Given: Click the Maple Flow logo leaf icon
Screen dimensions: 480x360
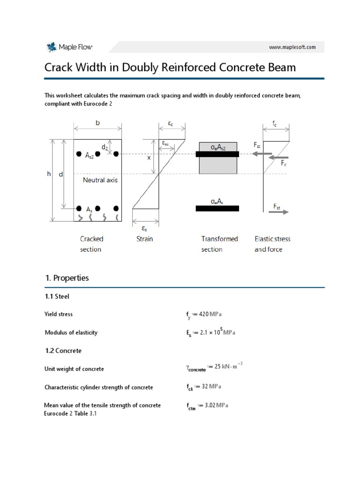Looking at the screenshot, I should point(51,47).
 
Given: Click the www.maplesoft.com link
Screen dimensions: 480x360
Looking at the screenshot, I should point(292,47).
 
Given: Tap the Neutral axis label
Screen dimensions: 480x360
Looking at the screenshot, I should point(100,180).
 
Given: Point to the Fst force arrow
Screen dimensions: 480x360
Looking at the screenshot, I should point(280,212).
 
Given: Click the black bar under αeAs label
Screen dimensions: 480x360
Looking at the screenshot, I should point(217,209).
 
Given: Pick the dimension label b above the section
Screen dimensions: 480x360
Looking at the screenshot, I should point(97,123).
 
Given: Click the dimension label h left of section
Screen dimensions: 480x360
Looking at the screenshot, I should point(49,173).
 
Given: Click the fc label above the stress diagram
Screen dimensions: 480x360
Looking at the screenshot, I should point(275,124).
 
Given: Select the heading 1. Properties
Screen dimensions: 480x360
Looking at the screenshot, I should point(67,278).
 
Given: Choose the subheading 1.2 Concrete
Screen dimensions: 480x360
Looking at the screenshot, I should point(63,350).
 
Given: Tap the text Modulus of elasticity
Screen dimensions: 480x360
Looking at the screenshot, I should point(71,332).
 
